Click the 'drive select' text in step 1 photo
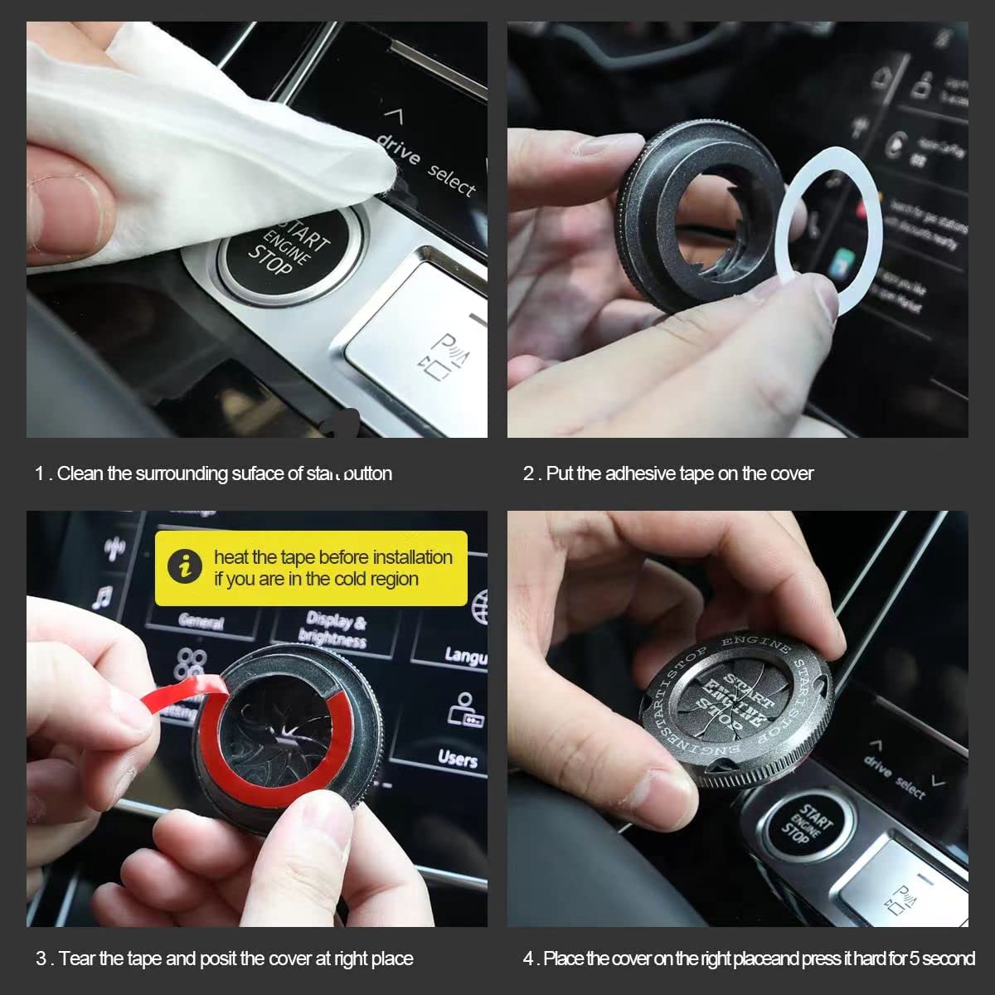tap(426, 166)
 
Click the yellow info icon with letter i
tap(184, 567)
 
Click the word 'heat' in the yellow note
tap(231, 557)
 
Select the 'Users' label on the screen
tap(458, 758)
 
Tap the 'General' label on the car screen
tap(201, 621)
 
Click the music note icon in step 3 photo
tap(102, 597)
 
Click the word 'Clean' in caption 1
tap(81, 473)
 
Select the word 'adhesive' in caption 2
tap(640, 473)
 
